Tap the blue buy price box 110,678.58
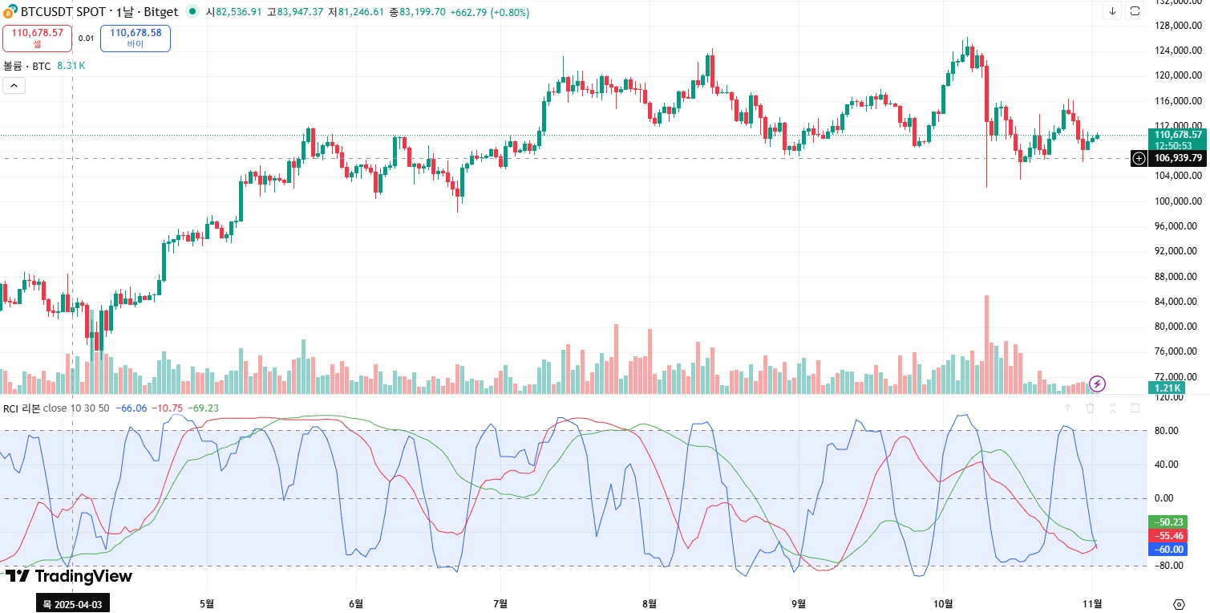point(136,38)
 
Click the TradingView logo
point(69,576)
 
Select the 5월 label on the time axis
point(207,603)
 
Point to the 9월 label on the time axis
point(798,603)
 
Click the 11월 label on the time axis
point(1092,603)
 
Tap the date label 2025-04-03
point(73,603)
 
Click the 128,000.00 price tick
point(1177,26)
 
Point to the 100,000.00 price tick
point(1177,201)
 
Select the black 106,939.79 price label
point(1177,158)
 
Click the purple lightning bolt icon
point(1097,384)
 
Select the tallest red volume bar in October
point(986,345)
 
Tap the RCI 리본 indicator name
point(22,408)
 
